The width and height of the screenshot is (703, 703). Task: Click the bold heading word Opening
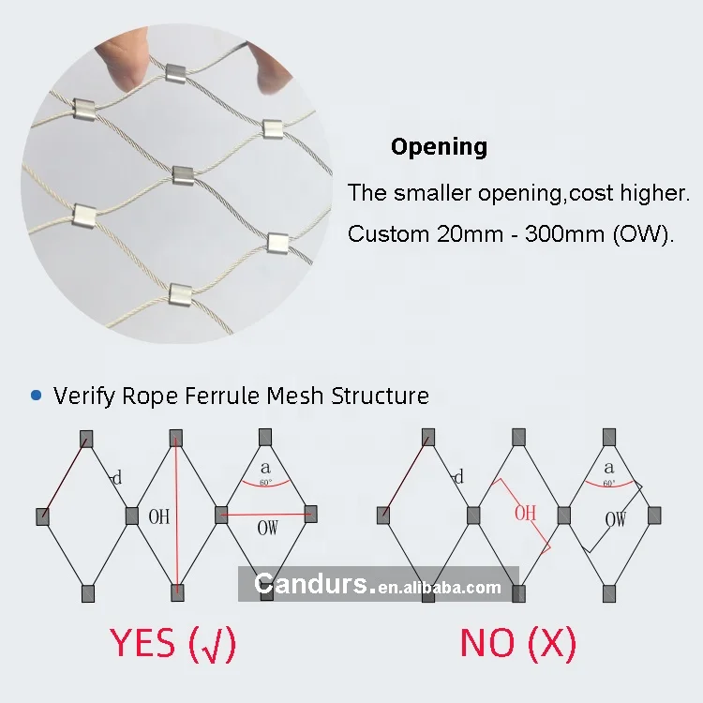pyautogui.click(x=439, y=147)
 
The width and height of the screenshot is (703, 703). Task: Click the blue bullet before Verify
pyautogui.click(x=37, y=396)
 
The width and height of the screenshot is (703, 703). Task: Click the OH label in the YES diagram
pyautogui.click(x=159, y=516)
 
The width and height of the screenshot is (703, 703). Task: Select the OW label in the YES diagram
pyautogui.click(x=268, y=528)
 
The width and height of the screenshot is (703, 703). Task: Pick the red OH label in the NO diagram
pyautogui.click(x=525, y=513)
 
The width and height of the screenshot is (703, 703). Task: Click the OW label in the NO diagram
pyautogui.click(x=616, y=519)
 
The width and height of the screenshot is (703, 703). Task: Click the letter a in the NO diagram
pyautogui.click(x=608, y=468)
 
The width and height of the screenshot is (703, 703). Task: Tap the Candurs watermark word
pyautogui.click(x=313, y=586)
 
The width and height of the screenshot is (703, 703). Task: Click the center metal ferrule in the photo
pyautogui.click(x=183, y=173)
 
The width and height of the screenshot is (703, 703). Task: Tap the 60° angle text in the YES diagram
pyautogui.click(x=266, y=482)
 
